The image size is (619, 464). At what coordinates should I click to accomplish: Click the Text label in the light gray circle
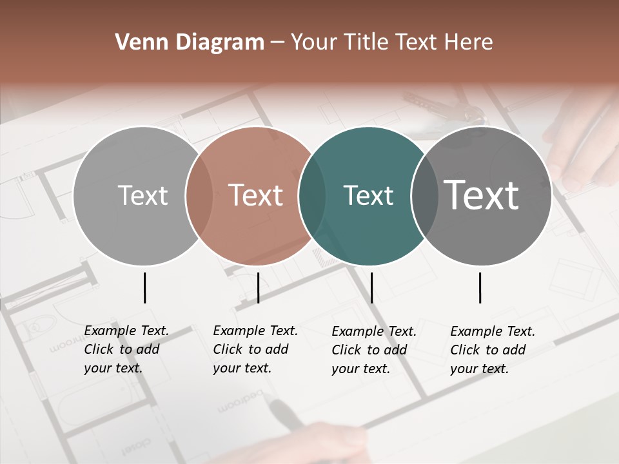click(x=142, y=195)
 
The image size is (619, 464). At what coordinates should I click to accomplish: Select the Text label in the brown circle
click(x=255, y=195)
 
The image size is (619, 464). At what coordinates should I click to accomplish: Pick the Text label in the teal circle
click(x=368, y=195)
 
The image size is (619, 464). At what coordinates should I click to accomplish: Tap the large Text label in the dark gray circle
click(x=481, y=195)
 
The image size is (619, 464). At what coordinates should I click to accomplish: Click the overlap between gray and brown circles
click(x=199, y=195)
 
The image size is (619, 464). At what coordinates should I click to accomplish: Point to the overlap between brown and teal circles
click(x=312, y=195)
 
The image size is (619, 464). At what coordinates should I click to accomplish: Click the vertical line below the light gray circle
click(x=144, y=287)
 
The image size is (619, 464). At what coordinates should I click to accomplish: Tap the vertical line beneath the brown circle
click(x=258, y=287)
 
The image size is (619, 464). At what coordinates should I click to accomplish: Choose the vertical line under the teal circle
click(x=371, y=287)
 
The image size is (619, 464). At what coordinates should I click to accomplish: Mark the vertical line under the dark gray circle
click(x=480, y=287)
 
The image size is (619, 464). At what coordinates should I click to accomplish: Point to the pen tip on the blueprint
click(x=274, y=403)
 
